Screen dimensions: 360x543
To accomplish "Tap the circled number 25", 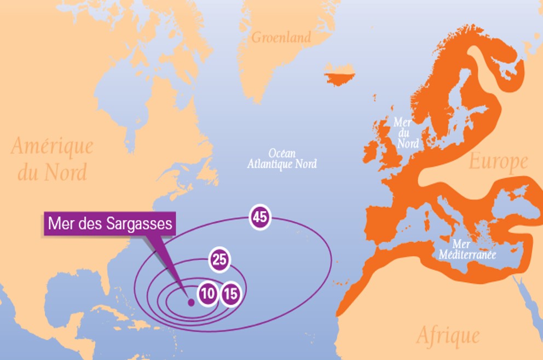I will tap(219, 260).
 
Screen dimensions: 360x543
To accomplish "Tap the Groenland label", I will tap(281, 38).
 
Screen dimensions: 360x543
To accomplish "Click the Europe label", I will tap(498, 162).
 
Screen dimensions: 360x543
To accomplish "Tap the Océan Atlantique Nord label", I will tap(282, 159).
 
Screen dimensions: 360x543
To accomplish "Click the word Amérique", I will tap(53, 147).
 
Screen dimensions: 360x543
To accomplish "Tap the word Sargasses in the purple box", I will tap(137, 224).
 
